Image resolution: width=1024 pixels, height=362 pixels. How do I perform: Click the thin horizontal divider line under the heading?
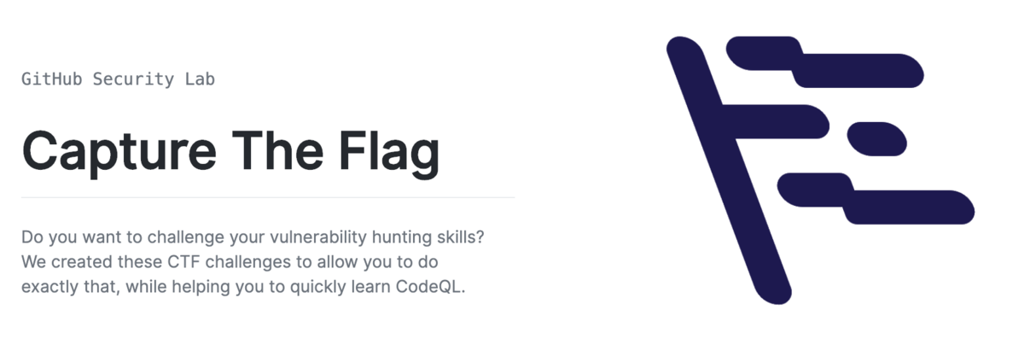(x=268, y=197)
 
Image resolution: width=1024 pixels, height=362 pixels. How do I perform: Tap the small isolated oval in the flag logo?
(x=876, y=138)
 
